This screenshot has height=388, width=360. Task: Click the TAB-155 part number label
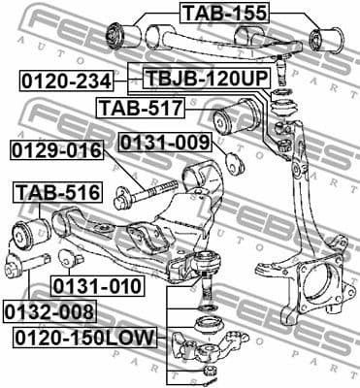click(x=223, y=13)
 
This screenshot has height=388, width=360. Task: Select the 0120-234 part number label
click(x=65, y=81)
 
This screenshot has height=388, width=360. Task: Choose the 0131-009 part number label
click(x=164, y=144)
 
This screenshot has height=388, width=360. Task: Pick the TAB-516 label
click(x=55, y=193)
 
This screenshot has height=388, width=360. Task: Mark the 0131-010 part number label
click(x=97, y=286)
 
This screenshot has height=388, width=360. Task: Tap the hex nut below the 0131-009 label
click(x=233, y=161)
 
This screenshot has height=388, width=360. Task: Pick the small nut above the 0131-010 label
click(x=67, y=258)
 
